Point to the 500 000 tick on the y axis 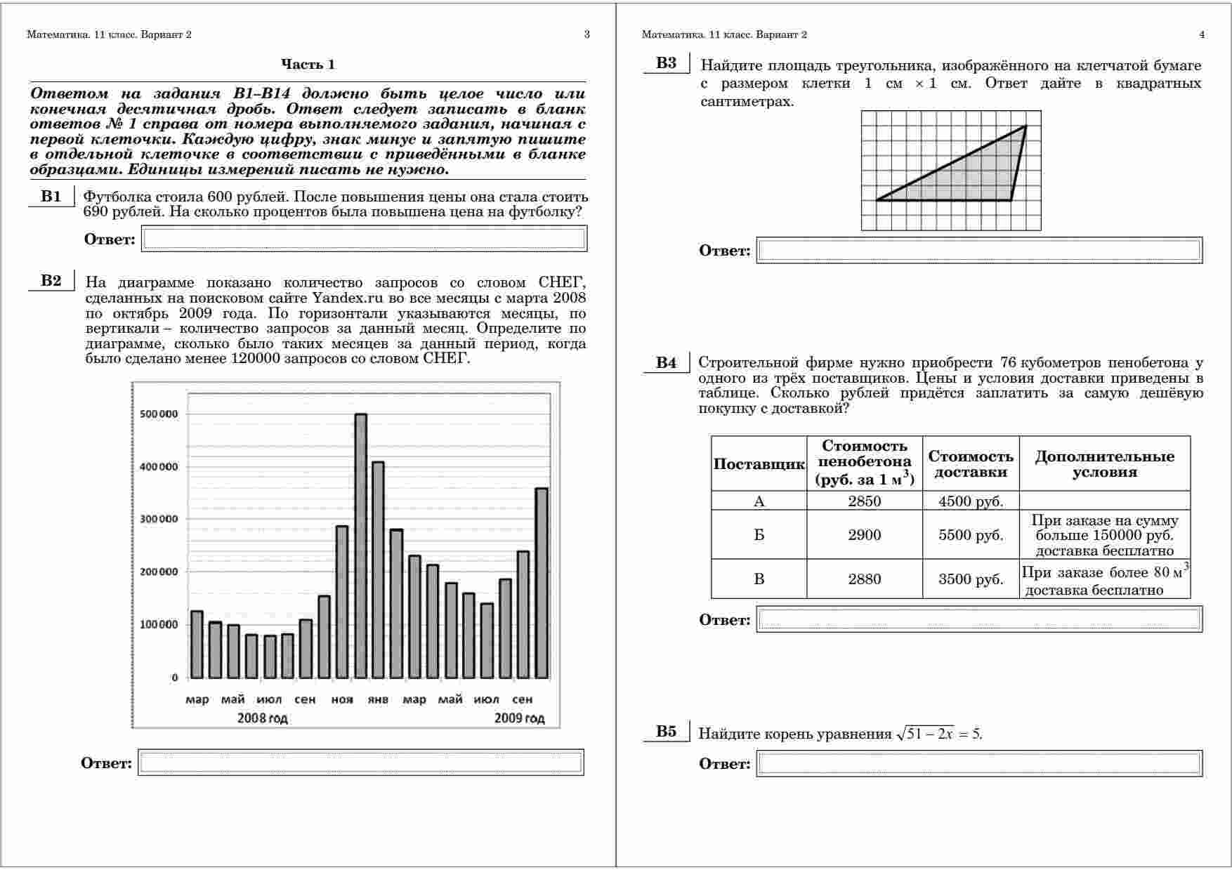pos(159,414)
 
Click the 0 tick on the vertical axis pos(175,678)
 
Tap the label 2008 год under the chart pos(262,718)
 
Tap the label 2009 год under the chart pos(519,718)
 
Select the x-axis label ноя pos(342,699)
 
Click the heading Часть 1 pos(308,65)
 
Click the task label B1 pos(51,196)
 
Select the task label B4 pos(666,362)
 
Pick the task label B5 pos(666,732)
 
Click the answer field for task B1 pos(364,239)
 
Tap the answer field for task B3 pos(979,251)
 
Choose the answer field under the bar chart pos(360,763)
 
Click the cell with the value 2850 pos(864,501)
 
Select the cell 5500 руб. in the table pos(971,535)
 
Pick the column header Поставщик pos(759,464)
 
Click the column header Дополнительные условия pos(1104,464)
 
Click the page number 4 pos(1202,34)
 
